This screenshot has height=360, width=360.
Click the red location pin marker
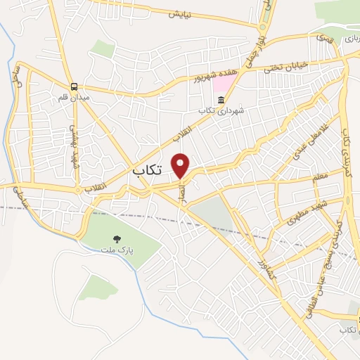click(181, 165)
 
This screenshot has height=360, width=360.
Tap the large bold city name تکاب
click(148, 170)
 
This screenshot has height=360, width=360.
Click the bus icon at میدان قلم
click(75, 86)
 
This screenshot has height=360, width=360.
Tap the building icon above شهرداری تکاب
click(219, 101)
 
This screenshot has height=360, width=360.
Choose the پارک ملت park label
click(115, 250)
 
